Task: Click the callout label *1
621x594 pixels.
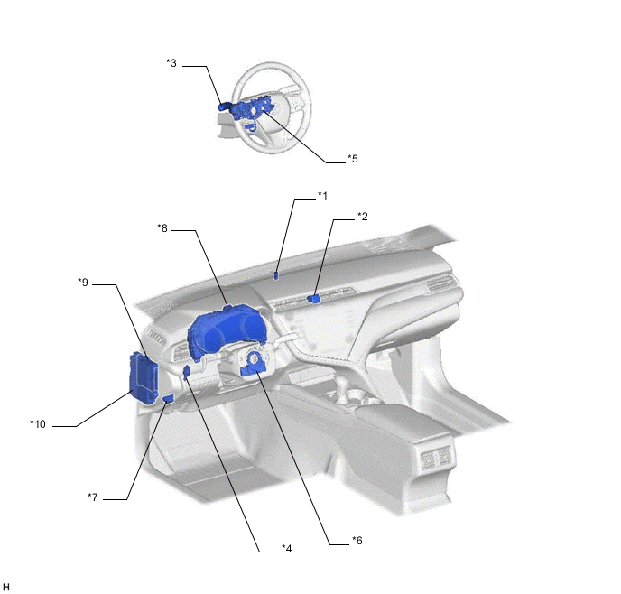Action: point(323,196)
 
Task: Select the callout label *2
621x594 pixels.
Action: point(362,217)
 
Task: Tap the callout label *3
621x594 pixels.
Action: point(171,63)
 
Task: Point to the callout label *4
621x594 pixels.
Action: point(287,549)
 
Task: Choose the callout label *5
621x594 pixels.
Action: point(353,159)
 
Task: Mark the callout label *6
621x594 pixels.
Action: point(357,541)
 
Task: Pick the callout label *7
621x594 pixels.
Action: point(93,497)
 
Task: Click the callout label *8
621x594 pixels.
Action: point(162,228)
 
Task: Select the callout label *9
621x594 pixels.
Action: point(83,283)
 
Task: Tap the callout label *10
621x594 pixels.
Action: point(38,424)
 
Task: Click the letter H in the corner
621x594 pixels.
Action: point(6,587)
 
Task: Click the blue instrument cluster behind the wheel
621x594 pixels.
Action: point(227,332)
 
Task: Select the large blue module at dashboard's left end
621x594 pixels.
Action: point(144,378)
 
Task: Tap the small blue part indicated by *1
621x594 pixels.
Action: point(276,275)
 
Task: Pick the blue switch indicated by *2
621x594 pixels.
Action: point(314,299)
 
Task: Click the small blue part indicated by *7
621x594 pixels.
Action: point(168,399)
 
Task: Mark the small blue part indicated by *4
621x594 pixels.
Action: point(186,373)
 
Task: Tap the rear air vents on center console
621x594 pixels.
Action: point(436,459)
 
